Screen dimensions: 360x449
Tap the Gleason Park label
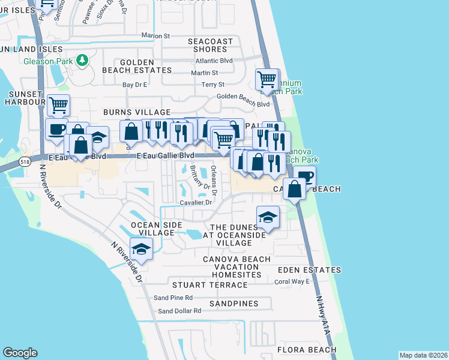point(48,61)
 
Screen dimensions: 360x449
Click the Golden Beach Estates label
point(146,66)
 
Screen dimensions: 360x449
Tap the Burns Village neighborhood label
point(137,112)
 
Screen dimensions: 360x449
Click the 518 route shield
point(25,162)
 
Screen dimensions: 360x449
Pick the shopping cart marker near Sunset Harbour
point(58,106)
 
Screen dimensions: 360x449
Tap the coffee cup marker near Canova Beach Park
point(304,176)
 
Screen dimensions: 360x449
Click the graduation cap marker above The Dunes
point(268,217)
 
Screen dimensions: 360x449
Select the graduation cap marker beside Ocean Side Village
point(141,249)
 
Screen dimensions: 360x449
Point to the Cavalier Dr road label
point(196,203)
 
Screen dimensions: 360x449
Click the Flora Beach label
point(306,350)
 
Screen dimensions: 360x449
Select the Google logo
point(20,353)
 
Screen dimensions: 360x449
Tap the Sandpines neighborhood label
point(234,304)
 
